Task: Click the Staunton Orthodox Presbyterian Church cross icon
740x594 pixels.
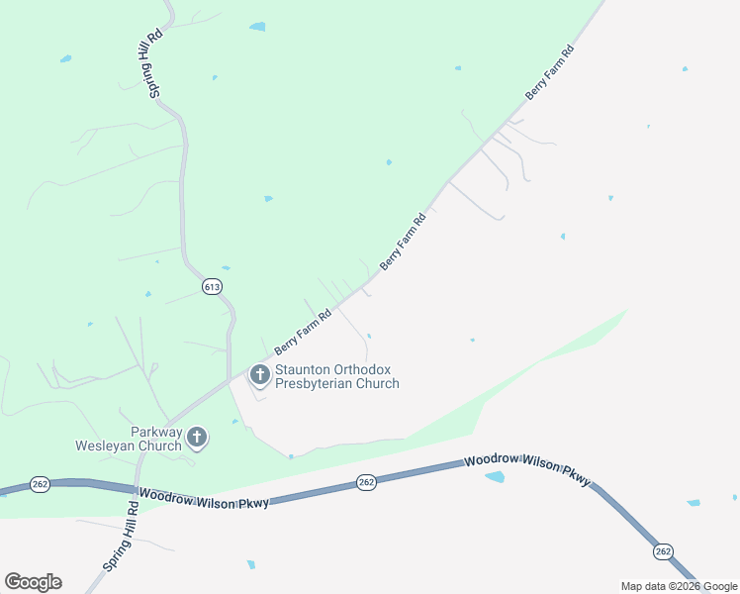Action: click(260, 374)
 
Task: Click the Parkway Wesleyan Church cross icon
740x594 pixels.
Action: click(197, 437)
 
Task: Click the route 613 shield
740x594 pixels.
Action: click(212, 286)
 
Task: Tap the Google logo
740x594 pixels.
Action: click(33, 582)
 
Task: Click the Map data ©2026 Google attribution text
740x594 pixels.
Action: click(679, 586)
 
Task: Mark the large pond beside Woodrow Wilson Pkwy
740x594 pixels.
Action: click(494, 477)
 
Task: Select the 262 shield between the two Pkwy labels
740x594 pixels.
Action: click(366, 482)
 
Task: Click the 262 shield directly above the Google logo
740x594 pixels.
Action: click(40, 484)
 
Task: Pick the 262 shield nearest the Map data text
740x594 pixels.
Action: click(663, 550)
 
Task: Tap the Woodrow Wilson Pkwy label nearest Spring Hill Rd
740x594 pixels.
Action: click(204, 498)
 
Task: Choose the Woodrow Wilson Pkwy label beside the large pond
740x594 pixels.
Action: click(527, 469)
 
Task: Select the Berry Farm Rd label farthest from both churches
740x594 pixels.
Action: click(549, 71)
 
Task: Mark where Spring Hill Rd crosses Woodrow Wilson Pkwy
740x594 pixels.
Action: click(134, 491)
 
